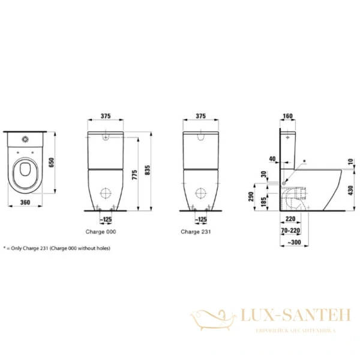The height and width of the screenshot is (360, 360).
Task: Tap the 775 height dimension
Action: coord(134,175)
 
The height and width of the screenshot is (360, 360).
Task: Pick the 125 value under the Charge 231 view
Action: coord(203,220)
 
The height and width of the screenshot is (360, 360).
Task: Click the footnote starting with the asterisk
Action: coord(57,247)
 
